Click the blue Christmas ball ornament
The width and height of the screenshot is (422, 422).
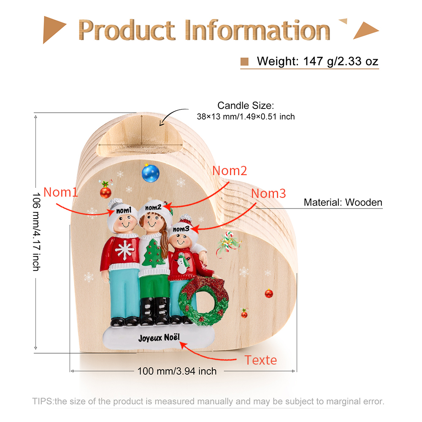click(151, 173)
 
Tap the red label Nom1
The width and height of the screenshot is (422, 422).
click(60, 192)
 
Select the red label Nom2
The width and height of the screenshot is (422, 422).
click(230, 170)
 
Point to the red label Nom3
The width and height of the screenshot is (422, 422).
click(268, 193)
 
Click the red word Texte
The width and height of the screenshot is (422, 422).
click(260, 360)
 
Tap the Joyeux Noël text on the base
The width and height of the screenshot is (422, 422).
click(159, 338)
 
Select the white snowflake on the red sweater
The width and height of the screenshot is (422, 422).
click(124, 250)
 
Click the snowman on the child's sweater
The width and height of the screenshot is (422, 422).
click(182, 263)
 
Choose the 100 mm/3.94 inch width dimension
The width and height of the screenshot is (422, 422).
click(177, 371)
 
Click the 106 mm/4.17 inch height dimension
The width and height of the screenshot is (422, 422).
click(36, 232)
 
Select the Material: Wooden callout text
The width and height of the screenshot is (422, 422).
click(343, 203)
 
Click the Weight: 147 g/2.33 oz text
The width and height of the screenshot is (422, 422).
click(318, 61)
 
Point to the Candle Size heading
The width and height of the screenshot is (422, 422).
click(246, 105)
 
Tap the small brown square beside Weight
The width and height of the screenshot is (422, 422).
click(244, 62)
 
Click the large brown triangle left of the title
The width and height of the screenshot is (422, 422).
click(53, 30)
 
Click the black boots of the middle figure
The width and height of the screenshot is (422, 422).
click(155, 311)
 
